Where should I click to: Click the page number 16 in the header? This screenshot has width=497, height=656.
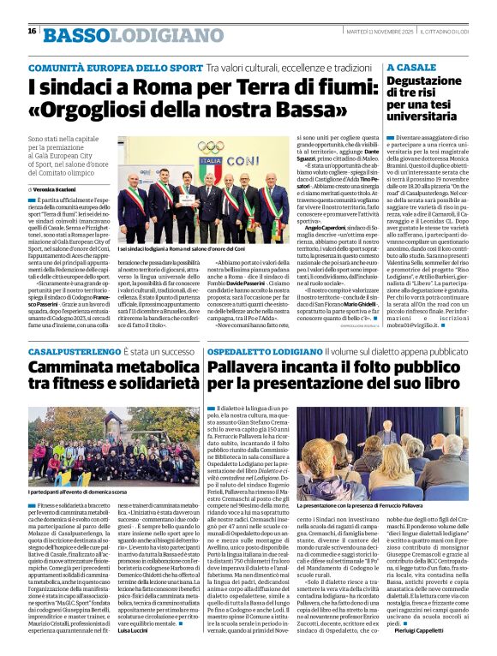pos(32,31)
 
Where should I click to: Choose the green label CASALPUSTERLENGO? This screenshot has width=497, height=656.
pos(70,351)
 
